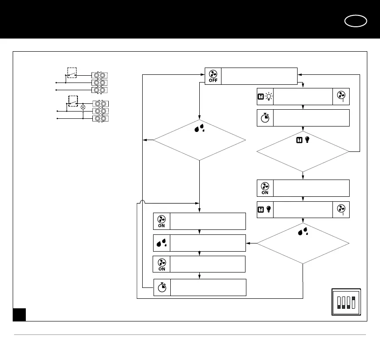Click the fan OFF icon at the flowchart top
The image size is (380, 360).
(x=213, y=76)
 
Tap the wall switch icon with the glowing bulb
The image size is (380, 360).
(x=265, y=96)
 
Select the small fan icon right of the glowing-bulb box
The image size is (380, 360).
(x=341, y=96)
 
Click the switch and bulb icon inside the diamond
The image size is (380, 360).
(x=303, y=141)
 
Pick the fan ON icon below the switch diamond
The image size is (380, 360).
(x=265, y=188)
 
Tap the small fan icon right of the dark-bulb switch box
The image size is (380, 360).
(x=341, y=209)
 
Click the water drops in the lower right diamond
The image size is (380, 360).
(x=303, y=232)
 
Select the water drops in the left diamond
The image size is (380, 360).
(x=199, y=129)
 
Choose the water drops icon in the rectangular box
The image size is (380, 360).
(x=162, y=243)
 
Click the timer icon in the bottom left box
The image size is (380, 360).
(x=162, y=287)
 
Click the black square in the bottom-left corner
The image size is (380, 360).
(x=19, y=315)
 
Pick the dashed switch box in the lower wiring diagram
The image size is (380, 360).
(x=73, y=101)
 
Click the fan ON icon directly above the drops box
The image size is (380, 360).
(x=162, y=221)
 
